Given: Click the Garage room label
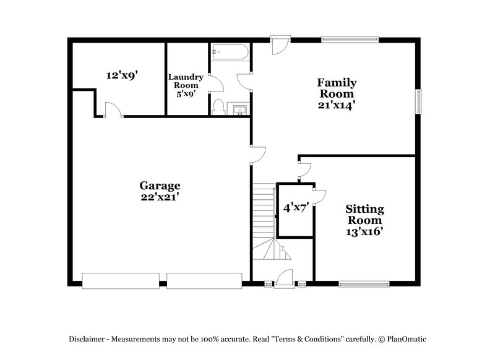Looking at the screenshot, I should coord(160,186).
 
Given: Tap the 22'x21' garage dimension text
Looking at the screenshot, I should coord(160,197).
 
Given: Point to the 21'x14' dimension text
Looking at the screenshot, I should coord(337,105).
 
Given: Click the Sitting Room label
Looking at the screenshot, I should coord(364,215).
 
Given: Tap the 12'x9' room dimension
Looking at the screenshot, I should coord(121,75).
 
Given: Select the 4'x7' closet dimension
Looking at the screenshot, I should coord(296,208).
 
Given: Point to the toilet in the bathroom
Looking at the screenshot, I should coord(218,108).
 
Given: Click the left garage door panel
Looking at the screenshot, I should coord(123,281).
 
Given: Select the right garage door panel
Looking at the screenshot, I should coord(204,281).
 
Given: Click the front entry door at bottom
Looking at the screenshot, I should coord(285,280).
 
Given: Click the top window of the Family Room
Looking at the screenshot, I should coord(350,40).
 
